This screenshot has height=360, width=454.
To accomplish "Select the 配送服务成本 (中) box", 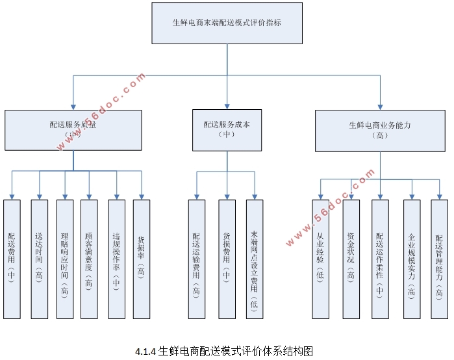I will [x=227, y=130].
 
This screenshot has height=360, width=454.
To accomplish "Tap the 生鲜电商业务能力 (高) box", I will [x=380, y=130].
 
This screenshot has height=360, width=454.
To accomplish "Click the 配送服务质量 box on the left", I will [x=73, y=130].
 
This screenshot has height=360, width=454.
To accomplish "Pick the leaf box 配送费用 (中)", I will [x=12, y=259].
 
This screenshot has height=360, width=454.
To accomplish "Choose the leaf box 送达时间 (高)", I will [x=39, y=259].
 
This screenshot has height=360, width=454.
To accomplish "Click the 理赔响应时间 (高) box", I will [x=65, y=259].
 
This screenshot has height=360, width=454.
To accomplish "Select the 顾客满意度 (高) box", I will [x=89, y=259].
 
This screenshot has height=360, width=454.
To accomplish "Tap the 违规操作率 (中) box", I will [x=116, y=259].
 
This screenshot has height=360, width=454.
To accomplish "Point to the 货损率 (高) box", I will [x=141, y=259].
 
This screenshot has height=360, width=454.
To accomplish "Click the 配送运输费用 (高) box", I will [x=196, y=259].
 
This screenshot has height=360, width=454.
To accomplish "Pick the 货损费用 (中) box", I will [x=227, y=259].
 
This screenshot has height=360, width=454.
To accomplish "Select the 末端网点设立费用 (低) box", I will [x=254, y=259].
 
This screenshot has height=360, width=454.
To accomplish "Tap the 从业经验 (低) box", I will [x=320, y=259].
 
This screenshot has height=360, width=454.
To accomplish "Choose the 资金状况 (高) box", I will [x=351, y=259].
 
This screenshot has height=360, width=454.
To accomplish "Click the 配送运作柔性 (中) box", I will [x=380, y=259].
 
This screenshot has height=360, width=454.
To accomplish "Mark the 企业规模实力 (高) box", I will [x=412, y=259].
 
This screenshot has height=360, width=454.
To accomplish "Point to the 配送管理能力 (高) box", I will [x=440, y=259].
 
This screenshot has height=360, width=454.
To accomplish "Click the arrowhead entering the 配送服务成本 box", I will [x=227, y=106].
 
